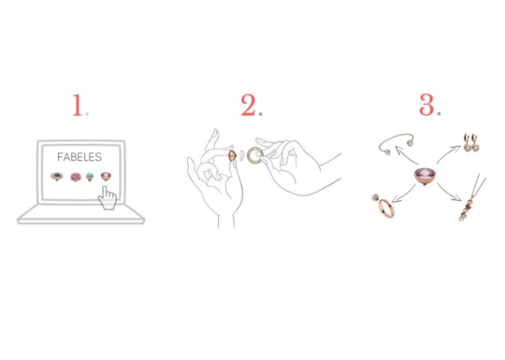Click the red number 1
tap(77, 105)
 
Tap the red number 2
tap(249, 105)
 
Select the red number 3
tap(426, 105)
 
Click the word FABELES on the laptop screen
tap(79, 157)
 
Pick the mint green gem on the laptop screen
tap(90, 177)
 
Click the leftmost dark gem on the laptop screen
tap(57, 177)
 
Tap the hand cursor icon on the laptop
tap(108, 198)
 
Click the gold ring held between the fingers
tap(255, 155)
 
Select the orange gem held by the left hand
tap(232, 155)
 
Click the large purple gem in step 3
tap(425, 176)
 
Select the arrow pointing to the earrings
tap(448, 153)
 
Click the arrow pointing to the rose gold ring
tap(404, 194)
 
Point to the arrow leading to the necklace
tap(448, 193)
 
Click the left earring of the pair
tap(466, 142)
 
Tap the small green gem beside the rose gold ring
tap(376, 197)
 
